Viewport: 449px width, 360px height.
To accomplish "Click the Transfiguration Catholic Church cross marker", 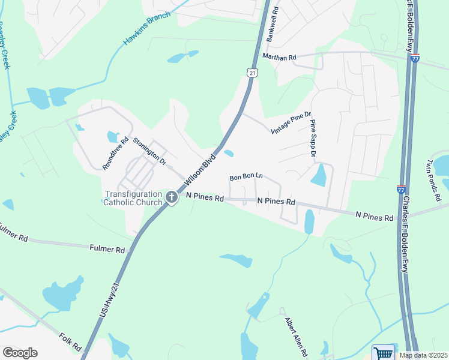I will click(171, 197).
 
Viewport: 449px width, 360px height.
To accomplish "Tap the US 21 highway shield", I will click(252, 72).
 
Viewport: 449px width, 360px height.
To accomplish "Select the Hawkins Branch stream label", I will click(146, 28).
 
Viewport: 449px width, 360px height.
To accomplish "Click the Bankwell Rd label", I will click(275, 23).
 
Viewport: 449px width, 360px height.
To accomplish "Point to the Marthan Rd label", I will click(280, 57).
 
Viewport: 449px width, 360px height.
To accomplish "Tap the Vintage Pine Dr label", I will click(292, 122).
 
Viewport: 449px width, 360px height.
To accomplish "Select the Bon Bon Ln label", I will click(247, 177).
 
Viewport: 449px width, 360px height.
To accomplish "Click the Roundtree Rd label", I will click(115, 154).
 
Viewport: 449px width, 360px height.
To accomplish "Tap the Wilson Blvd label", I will click(199, 170).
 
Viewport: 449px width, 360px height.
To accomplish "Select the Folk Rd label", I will click(70, 342).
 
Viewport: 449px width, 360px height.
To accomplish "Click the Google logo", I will click(20, 353).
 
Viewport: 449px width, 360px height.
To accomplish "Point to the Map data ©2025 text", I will click(423, 355).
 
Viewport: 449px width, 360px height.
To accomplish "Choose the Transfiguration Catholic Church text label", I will click(133, 198).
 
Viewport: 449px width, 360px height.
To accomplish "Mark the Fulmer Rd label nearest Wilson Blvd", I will click(107, 248).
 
